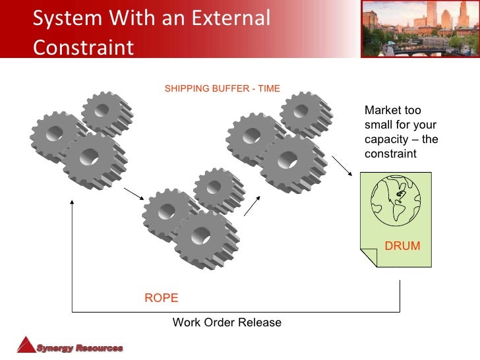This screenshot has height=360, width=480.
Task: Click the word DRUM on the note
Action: click(x=402, y=246)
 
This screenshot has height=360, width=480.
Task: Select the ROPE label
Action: click(x=161, y=298)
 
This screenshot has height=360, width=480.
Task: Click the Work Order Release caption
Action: click(x=227, y=322)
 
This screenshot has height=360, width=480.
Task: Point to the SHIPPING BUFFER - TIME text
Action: click(x=222, y=88)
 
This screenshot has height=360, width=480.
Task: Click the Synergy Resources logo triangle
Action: click(x=26, y=345)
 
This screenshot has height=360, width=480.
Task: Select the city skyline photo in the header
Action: click(x=419, y=28)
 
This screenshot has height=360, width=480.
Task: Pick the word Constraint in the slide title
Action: click(x=83, y=47)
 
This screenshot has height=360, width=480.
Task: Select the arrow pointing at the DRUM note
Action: click(x=342, y=165)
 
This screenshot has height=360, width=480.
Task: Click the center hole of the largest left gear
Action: click(x=90, y=158)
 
